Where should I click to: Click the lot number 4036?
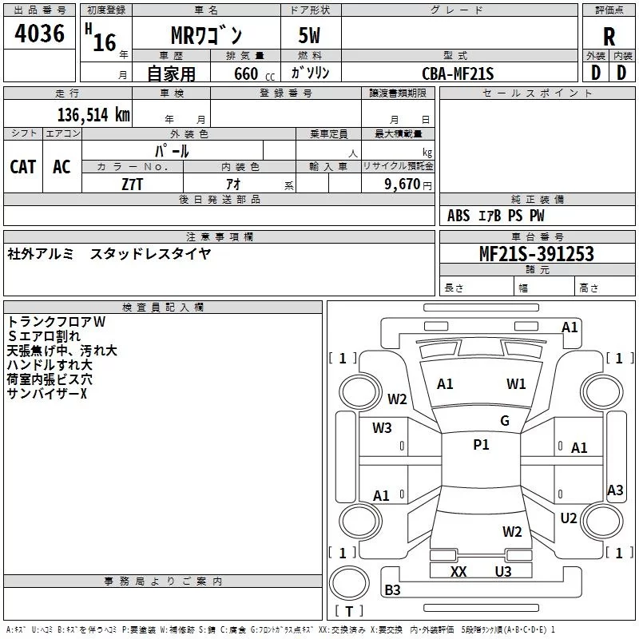pyautogui.click(x=40, y=34)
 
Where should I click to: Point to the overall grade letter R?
pyautogui.click(x=609, y=37)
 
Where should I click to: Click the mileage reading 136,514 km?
pyautogui.click(x=93, y=114)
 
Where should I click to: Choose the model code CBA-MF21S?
pyautogui.click(x=458, y=74)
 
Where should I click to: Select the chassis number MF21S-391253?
pyautogui.click(x=537, y=254)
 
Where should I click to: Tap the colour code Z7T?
pyautogui.click(x=132, y=184)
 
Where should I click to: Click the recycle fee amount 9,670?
pyautogui.click(x=401, y=184)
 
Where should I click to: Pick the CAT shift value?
pyautogui.click(x=23, y=166)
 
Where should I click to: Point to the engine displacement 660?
pyautogui.click(x=246, y=74)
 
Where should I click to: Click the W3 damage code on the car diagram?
pyautogui.click(x=382, y=428)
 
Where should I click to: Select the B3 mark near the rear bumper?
pyautogui.click(x=392, y=590)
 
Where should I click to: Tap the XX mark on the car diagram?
pyautogui.click(x=458, y=572)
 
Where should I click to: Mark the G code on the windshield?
pyautogui.click(x=505, y=421)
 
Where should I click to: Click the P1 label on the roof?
pyautogui.click(x=481, y=445)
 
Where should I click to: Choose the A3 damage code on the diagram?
pyautogui.click(x=615, y=490)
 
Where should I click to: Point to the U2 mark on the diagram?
pyautogui.click(x=569, y=518)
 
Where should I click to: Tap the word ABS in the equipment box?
pyautogui.click(x=458, y=216)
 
